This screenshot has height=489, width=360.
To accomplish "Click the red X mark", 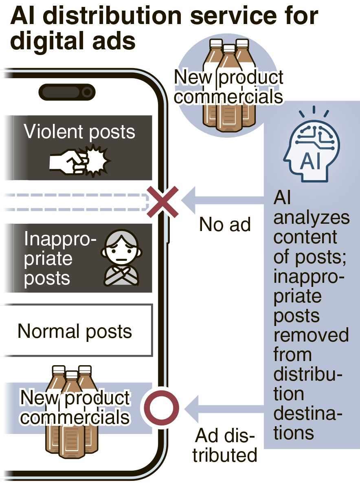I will click(162, 201).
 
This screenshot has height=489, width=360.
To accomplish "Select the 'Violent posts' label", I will click(79, 132).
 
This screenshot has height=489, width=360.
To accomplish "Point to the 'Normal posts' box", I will click(75, 330).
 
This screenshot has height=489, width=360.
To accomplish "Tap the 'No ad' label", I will click(225, 224).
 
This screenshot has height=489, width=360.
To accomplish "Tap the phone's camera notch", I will click(67, 93).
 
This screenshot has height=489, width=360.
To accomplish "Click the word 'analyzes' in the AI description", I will click(311, 218).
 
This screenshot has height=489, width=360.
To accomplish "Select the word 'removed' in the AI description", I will click(311, 335).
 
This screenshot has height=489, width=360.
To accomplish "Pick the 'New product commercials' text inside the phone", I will click(75, 407).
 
